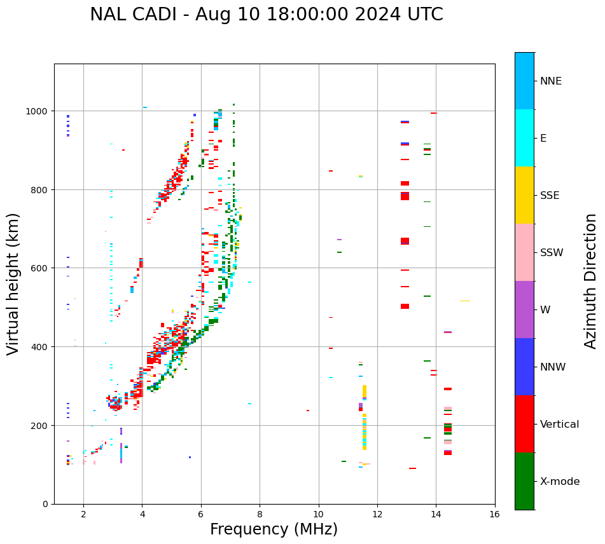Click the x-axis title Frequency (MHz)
[x=274, y=529]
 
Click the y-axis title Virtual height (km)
[x=13, y=283]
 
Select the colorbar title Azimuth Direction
[x=591, y=281]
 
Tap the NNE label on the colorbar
[x=551, y=81]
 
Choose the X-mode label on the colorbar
[x=560, y=482]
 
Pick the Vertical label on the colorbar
[x=560, y=425]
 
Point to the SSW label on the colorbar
[x=552, y=253]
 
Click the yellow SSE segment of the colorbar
[x=524, y=195]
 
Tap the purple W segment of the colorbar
[x=524, y=309]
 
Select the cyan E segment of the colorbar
[x=524, y=138]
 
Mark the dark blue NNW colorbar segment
[x=524, y=367]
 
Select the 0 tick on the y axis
[x=46, y=504]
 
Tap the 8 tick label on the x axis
[x=260, y=514]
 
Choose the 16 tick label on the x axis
[x=494, y=514]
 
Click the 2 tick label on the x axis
[x=83, y=514]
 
